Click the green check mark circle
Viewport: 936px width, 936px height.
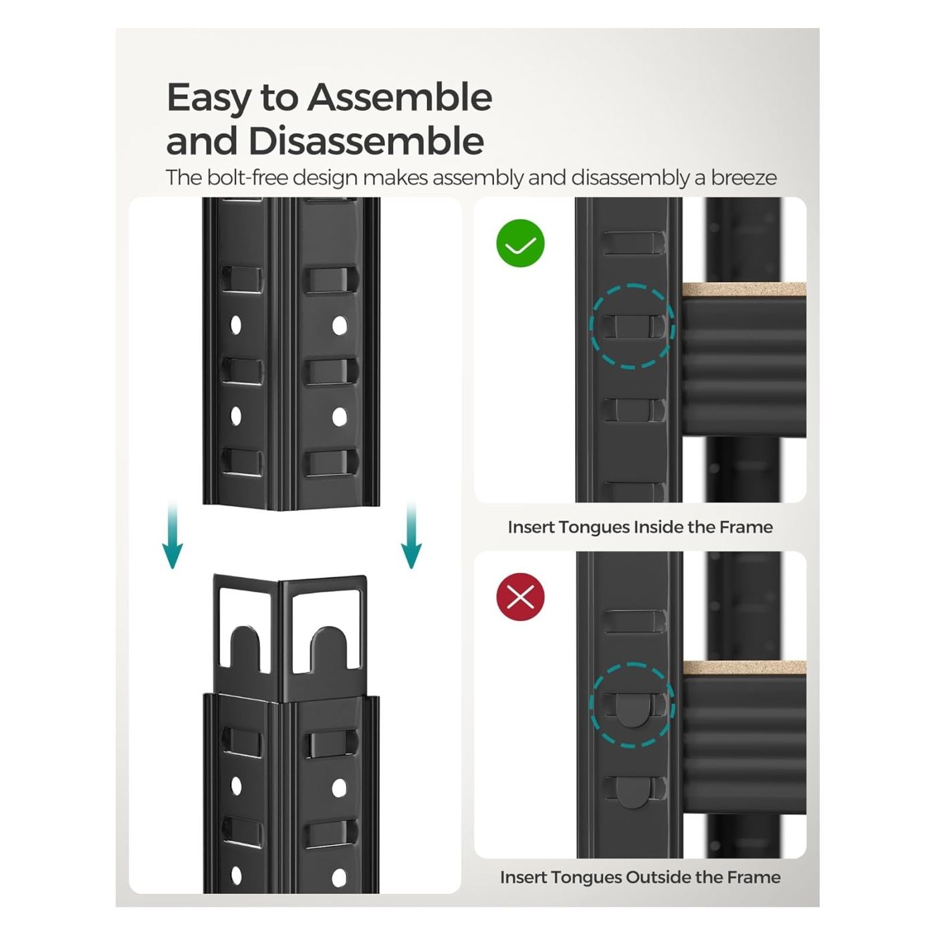click(520, 243)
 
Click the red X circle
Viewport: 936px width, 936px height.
click(520, 596)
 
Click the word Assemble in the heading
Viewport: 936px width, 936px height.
click(400, 98)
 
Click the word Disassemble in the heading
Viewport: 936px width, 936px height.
click(366, 141)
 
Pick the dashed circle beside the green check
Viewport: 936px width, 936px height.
click(631, 326)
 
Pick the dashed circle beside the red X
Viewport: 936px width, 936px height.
click(631, 705)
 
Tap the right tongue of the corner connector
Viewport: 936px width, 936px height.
click(329, 651)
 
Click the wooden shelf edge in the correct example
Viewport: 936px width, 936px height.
click(743, 290)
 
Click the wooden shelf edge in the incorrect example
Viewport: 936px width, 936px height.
click(743, 667)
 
